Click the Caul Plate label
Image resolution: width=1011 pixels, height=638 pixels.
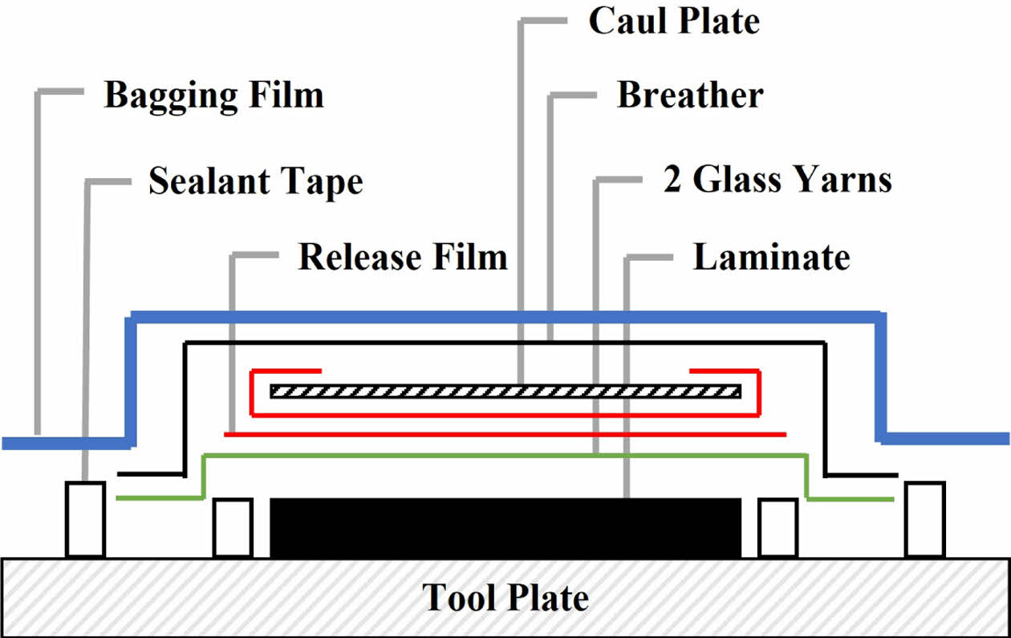coord(674,22)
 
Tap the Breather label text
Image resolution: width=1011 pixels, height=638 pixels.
coord(689,95)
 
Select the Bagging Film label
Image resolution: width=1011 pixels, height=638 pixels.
coord(213,95)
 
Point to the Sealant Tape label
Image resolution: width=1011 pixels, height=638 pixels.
coord(255,182)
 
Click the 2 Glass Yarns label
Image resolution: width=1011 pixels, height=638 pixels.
coord(778,181)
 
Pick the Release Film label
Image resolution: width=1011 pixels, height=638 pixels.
coord(403,258)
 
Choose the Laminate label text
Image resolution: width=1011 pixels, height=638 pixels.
coord(771,258)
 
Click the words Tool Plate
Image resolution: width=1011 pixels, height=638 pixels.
coord(505,598)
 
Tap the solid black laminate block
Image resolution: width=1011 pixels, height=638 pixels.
coord(505,527)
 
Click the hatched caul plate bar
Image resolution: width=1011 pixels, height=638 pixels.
coord(505,392)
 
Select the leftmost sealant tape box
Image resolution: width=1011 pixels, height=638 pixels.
coord(85,518)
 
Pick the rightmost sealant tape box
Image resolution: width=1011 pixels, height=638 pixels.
coord(925,518)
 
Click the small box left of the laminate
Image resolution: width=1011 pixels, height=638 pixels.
coord(233,527)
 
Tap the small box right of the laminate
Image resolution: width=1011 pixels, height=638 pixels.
coord(778,527)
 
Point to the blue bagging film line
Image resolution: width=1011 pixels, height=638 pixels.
coord(505,315)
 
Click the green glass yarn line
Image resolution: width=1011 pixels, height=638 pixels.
coord(505,456)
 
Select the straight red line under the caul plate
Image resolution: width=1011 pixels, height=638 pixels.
coord(505,435)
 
